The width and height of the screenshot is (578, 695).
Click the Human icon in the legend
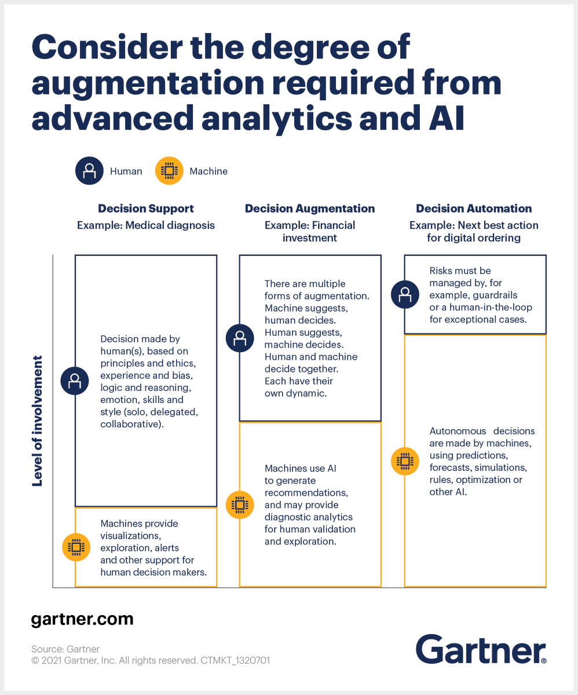tap(89, 171)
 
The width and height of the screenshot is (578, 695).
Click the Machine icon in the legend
tap(169, 171)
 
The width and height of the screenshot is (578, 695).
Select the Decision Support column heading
tap(145, 209)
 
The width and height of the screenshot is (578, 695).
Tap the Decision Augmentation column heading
tap(310, 209)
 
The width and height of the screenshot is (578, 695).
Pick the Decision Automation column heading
tap(474, 209)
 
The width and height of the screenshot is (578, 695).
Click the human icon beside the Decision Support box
tap(75, 381)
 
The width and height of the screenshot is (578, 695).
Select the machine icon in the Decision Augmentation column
tap(240, 504)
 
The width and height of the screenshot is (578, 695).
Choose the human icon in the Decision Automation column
tap(404, 294)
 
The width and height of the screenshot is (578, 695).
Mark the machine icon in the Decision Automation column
tap(404, 462)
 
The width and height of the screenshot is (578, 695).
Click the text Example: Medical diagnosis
tap(145, 225)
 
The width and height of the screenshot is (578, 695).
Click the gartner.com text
tap(82, 619)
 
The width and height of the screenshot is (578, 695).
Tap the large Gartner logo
tap(480, 649)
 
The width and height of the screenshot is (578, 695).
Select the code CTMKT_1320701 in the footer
tap(235, 660)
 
